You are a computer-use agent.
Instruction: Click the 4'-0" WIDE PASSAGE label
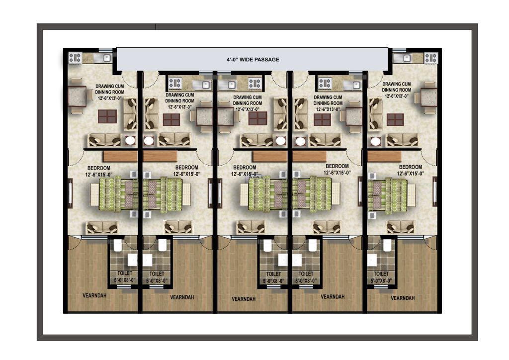point(253,60)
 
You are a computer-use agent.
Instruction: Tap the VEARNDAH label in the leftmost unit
point(94,295)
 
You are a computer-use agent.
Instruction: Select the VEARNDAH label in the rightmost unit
point(403,298)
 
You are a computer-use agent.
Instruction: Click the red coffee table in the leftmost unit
point(107,116)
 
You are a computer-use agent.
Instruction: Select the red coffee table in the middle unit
point(257,118)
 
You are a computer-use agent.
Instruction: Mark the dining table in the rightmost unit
point(428,96)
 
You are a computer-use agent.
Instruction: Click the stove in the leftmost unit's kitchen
point(75,59)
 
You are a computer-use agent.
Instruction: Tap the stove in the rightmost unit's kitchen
point(430,58)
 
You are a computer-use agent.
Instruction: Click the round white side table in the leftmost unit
point(130,141)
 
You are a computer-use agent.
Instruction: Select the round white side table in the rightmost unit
point(375,141)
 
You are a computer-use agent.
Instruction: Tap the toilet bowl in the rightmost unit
point(387,246)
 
